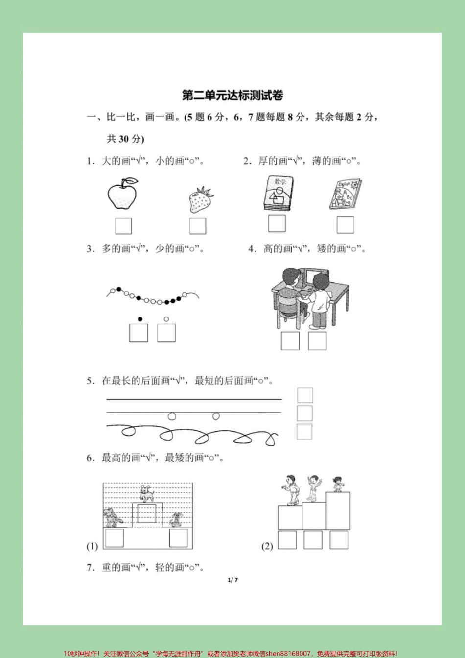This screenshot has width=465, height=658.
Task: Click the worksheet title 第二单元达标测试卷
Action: (232, 95)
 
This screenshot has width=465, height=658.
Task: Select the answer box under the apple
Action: (123, 226)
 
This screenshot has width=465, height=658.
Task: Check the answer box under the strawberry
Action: (198, 226)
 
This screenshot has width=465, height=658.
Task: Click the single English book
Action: (345, 195)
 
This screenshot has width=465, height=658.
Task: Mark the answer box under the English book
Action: (345, 225)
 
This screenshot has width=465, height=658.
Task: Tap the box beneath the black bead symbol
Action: (139, 333)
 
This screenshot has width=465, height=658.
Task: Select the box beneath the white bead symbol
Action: (166, 333)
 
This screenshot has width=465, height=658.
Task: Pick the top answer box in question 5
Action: (305, 395)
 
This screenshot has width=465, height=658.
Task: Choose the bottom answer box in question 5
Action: (304, 432)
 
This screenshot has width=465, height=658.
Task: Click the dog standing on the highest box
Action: (146, 492)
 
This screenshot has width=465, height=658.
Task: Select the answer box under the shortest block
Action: (287, 540)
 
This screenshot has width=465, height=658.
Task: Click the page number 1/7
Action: (233, 580)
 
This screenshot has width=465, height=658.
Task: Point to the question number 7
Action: (90, 568)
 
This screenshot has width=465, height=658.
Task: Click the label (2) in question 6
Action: (267, 546)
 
